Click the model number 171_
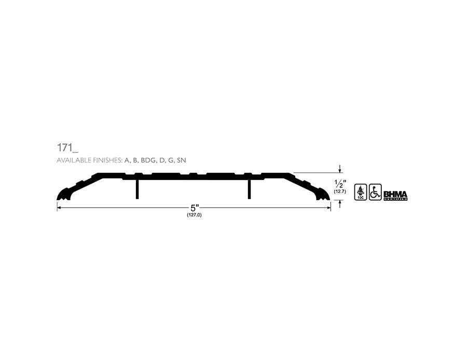point(67,147)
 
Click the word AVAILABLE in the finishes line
point(72,161)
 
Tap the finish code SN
point(182,161)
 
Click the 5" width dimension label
point(195,208)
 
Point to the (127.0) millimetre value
point(194,215)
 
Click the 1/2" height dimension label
point(340,184)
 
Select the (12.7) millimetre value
point(340,192)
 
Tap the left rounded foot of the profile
point(63,195)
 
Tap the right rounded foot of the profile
point(324,195)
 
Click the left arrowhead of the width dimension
point(59,208)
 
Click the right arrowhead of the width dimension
point(328,208)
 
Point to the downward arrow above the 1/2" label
point(340,169)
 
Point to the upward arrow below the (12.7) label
point(340,203)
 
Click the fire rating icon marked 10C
point(360,192)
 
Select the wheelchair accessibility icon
point(375,192)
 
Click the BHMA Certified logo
point(395,196)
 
